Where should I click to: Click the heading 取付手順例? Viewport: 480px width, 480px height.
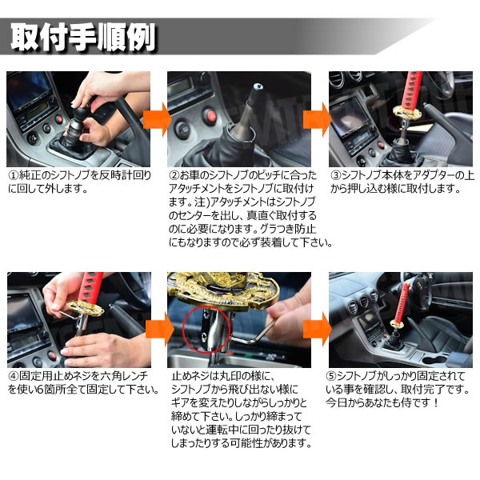point(83,38)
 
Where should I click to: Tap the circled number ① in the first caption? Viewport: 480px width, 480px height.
point(14,175)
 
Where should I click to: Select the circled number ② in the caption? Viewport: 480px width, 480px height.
point(174,175)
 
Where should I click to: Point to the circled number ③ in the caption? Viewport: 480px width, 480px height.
point(336,175)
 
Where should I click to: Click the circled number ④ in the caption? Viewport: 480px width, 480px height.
point(14,376)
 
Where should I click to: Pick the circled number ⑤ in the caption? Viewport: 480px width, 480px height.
point(331,376)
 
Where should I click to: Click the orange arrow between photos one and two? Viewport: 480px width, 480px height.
point(157,119)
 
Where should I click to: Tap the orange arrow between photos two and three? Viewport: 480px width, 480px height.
point(317,119)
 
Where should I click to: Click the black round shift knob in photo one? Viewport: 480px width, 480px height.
point(81,113)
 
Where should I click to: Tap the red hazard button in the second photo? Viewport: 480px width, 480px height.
point(210,116)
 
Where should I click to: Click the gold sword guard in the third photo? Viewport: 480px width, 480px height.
point(407,114)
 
